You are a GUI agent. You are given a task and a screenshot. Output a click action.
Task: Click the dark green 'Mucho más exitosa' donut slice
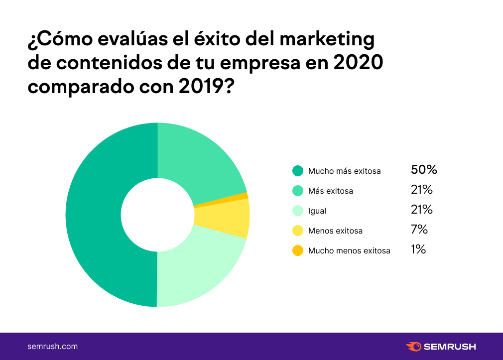point(95,215)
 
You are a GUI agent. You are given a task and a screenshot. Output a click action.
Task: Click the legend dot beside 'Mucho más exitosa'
point(298,171)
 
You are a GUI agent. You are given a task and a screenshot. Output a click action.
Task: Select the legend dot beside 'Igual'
point(298,211)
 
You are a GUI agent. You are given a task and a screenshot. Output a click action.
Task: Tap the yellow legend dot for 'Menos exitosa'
point(298,231)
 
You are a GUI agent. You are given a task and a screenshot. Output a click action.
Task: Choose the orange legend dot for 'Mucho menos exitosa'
point(298,250)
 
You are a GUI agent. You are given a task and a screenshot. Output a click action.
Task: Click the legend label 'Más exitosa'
point(330,191)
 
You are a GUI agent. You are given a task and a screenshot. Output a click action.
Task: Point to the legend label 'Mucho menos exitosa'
point(349,250)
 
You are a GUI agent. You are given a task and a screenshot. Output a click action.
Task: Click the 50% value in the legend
point(424,170)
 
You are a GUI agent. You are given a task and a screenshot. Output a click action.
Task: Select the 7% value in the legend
point(419,230)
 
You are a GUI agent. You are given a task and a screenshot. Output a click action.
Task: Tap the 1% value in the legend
point(418,249)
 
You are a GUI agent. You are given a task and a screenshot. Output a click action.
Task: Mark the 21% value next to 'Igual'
point(421,210)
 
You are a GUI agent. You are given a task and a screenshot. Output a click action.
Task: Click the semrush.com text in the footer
point(52,347)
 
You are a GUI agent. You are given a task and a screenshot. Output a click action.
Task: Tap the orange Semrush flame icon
point(414,347)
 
